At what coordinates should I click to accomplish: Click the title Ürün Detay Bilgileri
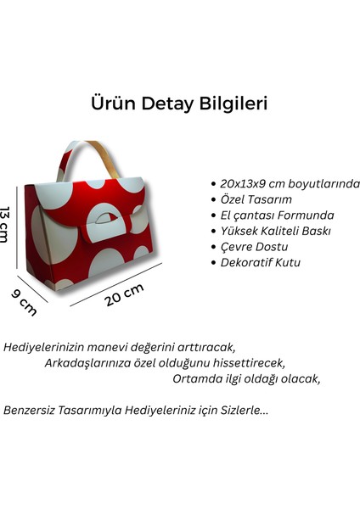[x=180, y=103]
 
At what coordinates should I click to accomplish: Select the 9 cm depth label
[x=25, y=301]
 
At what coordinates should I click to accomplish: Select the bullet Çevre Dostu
[x=252, y=247]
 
